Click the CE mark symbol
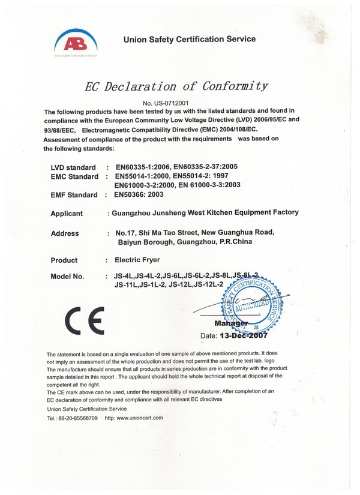(x=85, y=320)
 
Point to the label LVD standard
(x=74, y=167)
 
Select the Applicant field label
(x=71, y=214)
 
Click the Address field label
(x=65, y=233)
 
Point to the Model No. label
(x=70, y=277)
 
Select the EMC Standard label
(x=75, y=176)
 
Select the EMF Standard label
(x=74, y=195)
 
